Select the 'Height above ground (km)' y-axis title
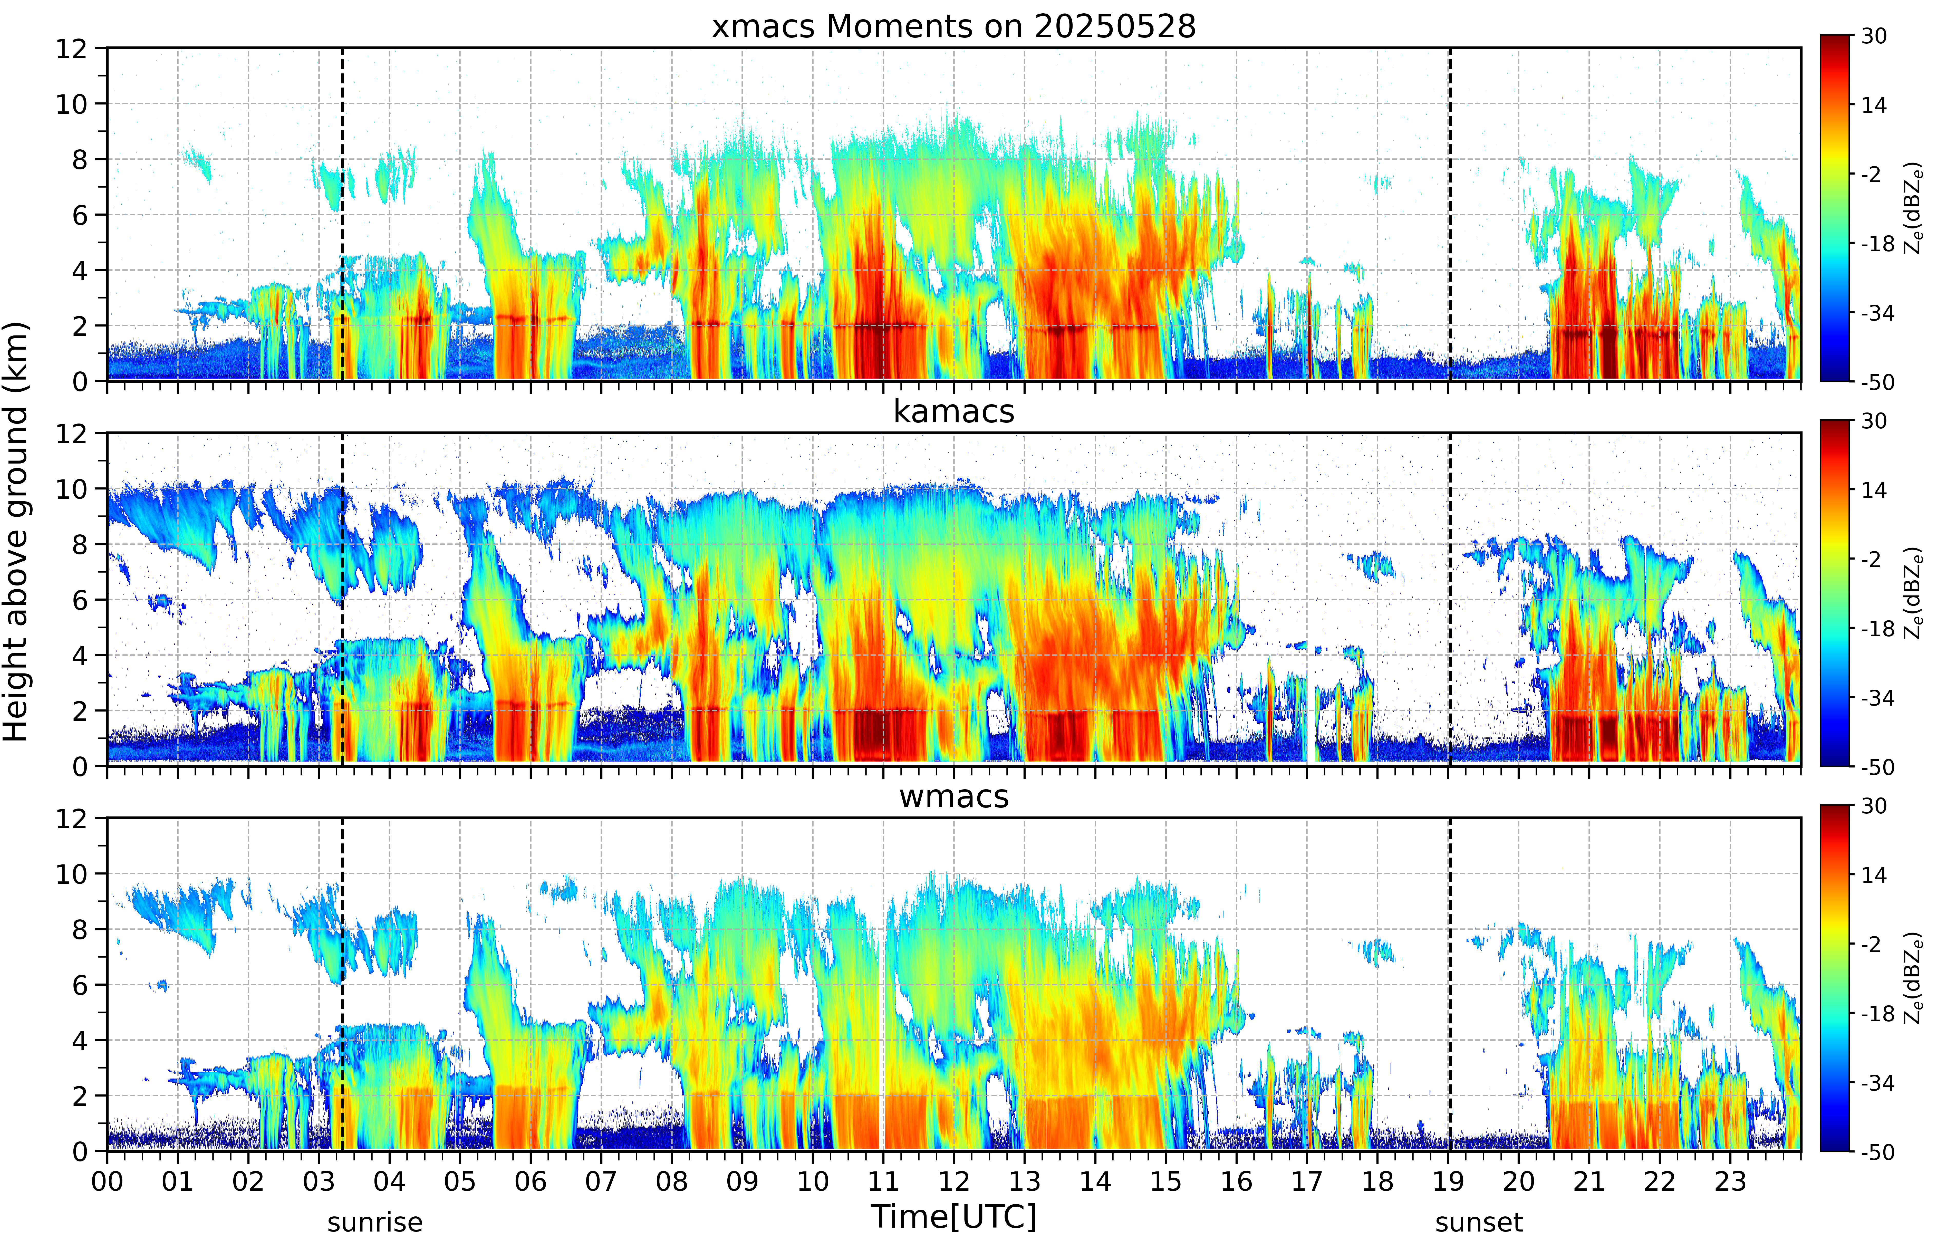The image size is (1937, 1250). (x=15, y=532)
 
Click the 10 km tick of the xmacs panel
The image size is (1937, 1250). (x=71, y=104)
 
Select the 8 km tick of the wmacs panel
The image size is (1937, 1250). (x=80, y=929)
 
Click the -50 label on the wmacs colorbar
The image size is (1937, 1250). (x=1878, y=1152)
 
